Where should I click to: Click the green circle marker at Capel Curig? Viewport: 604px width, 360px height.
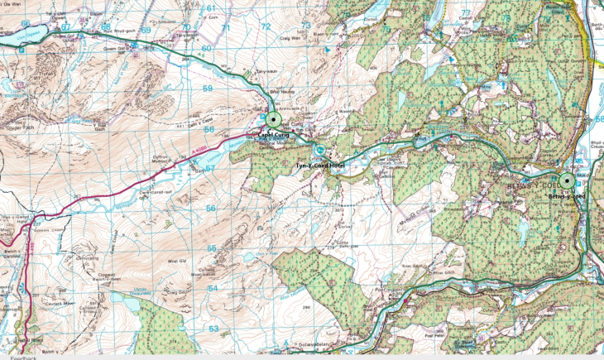point(272,120)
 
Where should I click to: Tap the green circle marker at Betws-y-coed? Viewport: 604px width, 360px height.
point(567,181)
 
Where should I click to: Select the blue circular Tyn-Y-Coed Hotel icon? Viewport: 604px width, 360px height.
point(319,151)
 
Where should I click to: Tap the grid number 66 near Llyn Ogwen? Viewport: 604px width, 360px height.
point(26,23)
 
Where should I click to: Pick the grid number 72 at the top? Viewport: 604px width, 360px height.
point(266,26)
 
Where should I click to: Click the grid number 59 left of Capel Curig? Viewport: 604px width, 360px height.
point(209,88)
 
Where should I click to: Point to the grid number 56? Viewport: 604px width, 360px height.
point(210,209)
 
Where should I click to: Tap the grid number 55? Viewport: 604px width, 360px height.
point(212,248)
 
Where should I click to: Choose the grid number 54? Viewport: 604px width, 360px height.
point(213,289)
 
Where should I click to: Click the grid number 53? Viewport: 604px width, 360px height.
point(213,329)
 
